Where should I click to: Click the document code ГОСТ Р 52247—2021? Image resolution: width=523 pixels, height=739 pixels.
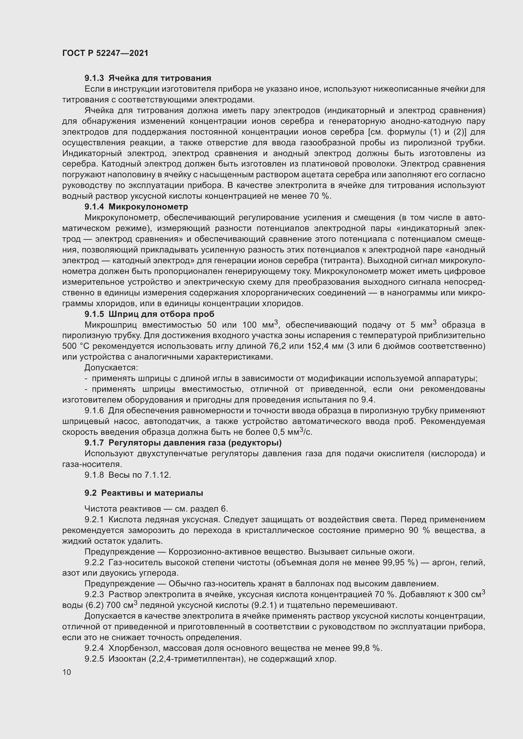point(105,53)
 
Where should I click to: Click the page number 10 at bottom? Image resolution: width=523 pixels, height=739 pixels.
point(67,672)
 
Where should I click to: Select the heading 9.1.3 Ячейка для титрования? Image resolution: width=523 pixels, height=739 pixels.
point(148,78)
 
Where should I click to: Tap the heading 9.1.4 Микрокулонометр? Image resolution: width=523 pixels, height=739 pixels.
point(136,207)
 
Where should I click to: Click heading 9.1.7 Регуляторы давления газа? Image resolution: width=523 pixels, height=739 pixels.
point(183,443)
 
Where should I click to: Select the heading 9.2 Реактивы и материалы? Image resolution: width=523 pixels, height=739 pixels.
point(144,493)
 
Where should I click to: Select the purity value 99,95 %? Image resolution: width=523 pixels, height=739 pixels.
point(400,563)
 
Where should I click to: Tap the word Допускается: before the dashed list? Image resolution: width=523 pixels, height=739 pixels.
point(111,367)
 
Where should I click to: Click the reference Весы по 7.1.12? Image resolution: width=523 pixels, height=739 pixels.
point(139,475)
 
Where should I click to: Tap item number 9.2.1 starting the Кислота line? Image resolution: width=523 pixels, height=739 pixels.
point(94,520)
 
